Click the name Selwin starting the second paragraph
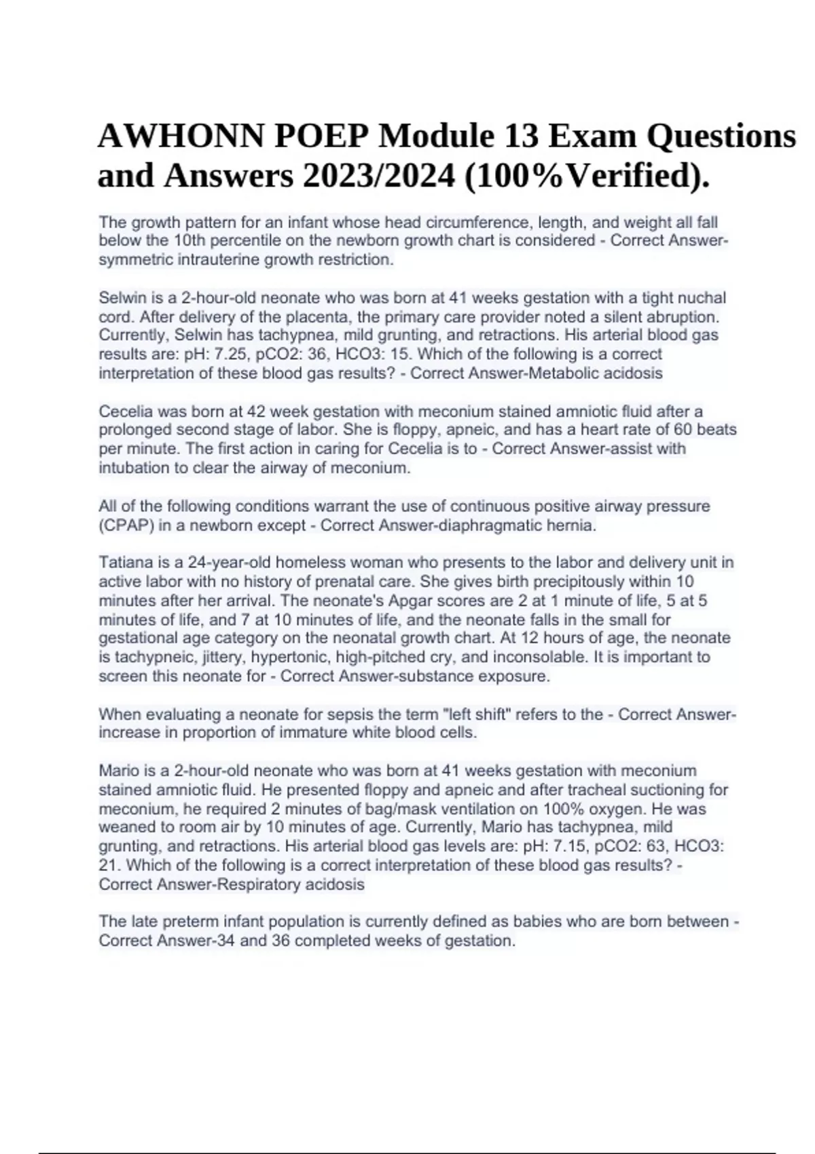pyautogui.click(x=120, y=298)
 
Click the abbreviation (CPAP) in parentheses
pyautogui.click(x=124, y=525)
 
